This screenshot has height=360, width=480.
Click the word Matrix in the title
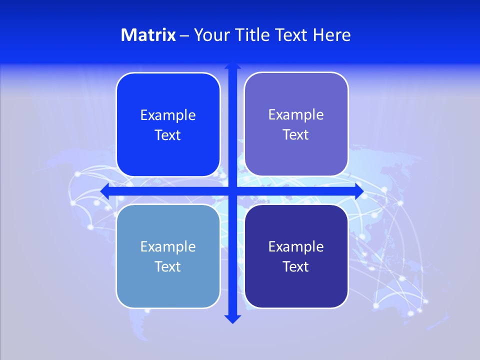(148, 35)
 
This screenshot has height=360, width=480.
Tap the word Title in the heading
(253, 35)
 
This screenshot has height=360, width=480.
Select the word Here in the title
(331, 35)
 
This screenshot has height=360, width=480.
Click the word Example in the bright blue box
(168, 115)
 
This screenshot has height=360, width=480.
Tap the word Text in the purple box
(296, 135)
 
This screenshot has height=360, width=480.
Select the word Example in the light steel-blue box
(168, 246)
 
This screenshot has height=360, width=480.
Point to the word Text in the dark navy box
(296, 266)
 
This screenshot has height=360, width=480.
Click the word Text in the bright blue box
(168, 135)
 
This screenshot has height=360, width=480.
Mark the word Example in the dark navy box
(296, 246)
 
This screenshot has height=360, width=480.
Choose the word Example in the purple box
(296, 115)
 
